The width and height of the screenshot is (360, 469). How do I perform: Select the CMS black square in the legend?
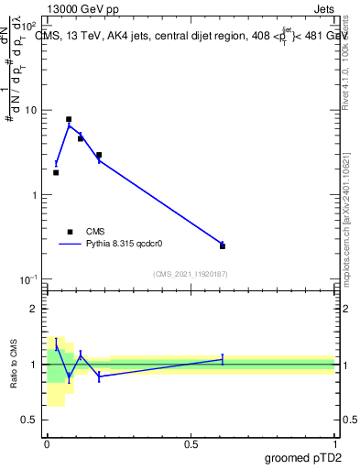[70, 232]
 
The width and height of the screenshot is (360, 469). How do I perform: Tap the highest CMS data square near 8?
[69, 119]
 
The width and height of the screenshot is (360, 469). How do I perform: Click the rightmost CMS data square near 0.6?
[223, 245]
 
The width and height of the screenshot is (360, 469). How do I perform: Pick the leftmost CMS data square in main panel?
[56, 172]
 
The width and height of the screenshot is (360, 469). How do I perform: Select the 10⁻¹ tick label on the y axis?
[29, 278]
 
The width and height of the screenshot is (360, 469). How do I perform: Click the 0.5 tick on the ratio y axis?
[31, 420]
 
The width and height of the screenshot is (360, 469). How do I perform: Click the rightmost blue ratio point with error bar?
[223, 360]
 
